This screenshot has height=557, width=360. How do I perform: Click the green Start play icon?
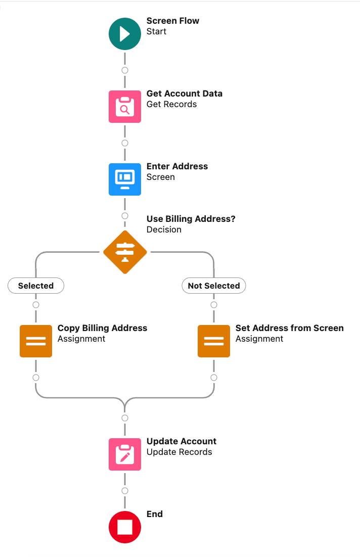tap(125, 34)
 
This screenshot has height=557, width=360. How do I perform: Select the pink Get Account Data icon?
tap(125, 107)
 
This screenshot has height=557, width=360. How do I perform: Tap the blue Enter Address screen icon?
tap(125, 179)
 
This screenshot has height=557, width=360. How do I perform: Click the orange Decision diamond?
tap(125, 252)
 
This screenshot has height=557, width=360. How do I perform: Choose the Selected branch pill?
tap(36, 286)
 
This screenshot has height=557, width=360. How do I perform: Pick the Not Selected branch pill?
tap(214, 286)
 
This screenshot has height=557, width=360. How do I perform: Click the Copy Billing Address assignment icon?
tap(36, 341)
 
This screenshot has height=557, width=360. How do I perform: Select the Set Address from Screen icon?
tap(214, 341)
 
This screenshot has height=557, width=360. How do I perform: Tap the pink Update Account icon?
tap(125, 454)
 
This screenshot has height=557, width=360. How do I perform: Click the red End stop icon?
tap(125, 527)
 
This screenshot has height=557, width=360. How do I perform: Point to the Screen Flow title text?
tap(173, 21)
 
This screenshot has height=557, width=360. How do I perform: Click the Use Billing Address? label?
tap(191, 219)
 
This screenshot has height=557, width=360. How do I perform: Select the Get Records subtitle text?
tap(171, 104)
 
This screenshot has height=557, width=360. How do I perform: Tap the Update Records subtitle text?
tap(179, 452)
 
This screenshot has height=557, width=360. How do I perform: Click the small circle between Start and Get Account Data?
tap(125, 70)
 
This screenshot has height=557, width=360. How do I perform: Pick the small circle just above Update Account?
tap(125, 418)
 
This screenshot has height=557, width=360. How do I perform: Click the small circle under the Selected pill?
tap(36, 305)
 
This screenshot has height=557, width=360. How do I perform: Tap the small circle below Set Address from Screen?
tap(214, 378)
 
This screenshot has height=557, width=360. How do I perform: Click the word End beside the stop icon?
tap(155, 514)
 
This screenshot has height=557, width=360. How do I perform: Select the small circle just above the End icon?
tap(125, 491)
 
